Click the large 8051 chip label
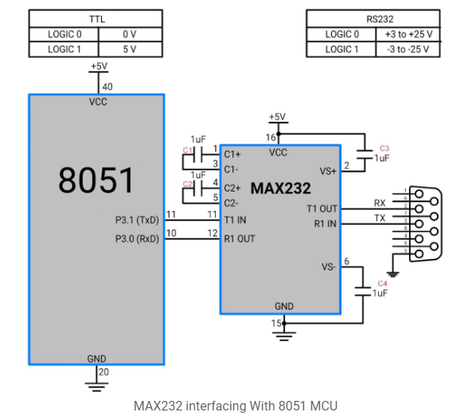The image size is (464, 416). pos(96,181)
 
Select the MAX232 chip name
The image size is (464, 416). pos(280,189)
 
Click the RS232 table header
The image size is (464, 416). pos(373,18)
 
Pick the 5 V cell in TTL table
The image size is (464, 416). pos(129,49)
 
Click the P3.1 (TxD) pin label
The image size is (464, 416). pos(136,220)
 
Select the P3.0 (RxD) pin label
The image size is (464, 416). pos(136,238)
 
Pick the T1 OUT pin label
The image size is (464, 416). pos(322,208)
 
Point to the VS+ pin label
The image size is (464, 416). pos(327,170)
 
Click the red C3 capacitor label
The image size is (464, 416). pos(384,148)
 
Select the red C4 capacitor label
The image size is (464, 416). pos(382,283)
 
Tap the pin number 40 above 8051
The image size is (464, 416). pos(107,87)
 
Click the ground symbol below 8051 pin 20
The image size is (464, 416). pos(96,387)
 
